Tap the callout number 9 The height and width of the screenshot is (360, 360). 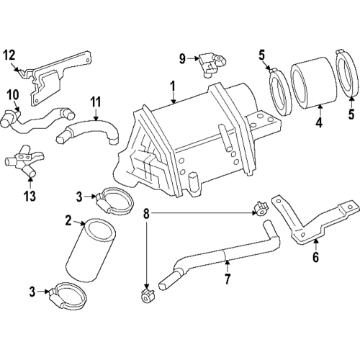point(183,57)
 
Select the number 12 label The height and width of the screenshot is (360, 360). point(9,54)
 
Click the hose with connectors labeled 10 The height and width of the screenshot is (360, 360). point(36,122)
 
